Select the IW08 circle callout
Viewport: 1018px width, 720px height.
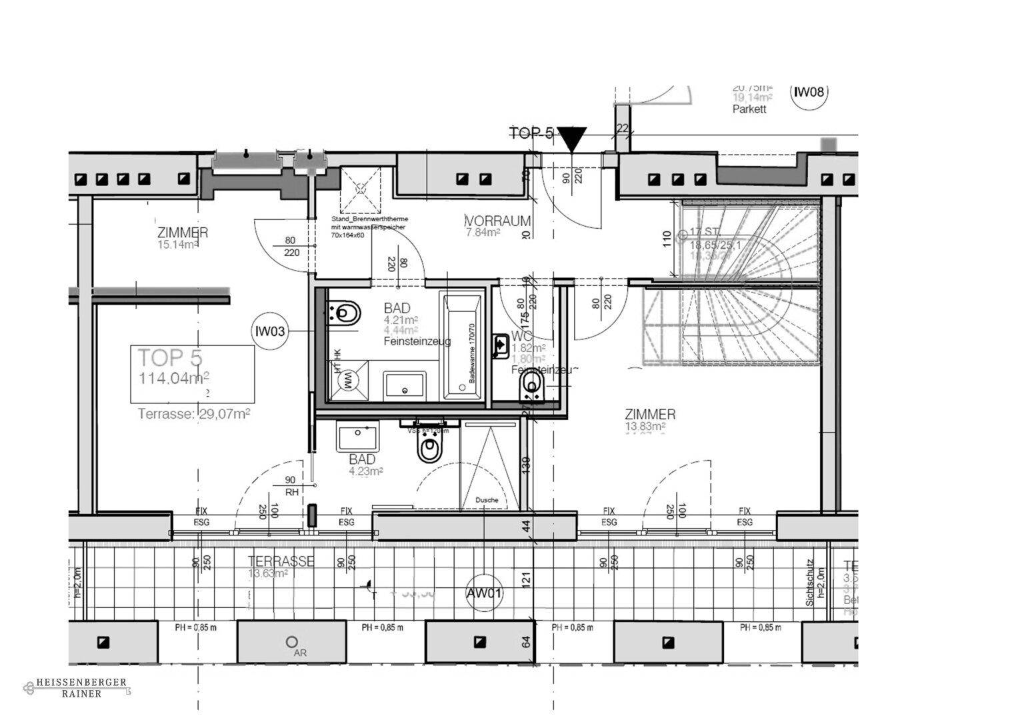tap(809, 92)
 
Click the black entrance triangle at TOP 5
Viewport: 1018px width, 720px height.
tap(572, 139)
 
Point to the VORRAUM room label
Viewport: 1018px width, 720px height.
tap(499, 221)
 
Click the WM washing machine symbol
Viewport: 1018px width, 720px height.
tap(347, 381)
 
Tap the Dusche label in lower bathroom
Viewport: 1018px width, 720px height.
tap(486, 500)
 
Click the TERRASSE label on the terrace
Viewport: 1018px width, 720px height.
tap(280, 561)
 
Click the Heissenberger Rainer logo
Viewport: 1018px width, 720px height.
tap(75, 688)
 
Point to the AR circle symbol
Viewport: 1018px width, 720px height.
tap(291, 642)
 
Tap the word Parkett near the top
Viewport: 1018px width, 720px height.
tap(749, 109)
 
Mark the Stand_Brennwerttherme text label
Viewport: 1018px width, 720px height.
tap(369, 219)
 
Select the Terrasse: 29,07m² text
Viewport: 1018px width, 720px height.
tap(193, 414)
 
